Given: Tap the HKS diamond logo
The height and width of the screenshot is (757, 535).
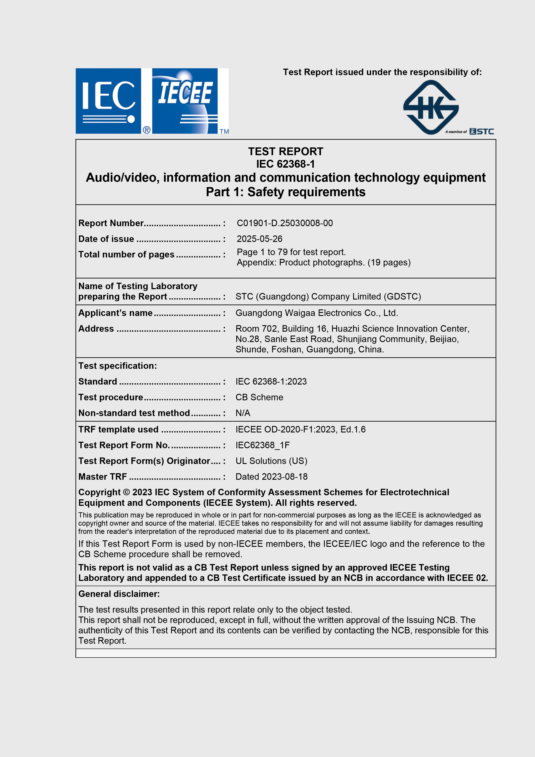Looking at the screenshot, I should click(431, 107).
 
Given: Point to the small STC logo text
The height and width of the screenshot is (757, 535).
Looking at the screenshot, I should click(482, 132).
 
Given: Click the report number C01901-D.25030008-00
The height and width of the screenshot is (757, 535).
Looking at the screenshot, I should click(285, 223).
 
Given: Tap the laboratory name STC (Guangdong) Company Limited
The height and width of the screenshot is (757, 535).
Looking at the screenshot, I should click(328, 296).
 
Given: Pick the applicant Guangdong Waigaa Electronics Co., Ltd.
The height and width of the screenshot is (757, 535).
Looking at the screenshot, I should click(316, 313).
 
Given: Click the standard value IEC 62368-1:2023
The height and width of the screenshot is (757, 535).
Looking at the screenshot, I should click(271, 382).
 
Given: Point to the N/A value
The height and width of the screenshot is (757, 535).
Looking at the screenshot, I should click(243, 413).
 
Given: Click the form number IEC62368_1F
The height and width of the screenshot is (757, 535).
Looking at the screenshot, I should click(262, 445).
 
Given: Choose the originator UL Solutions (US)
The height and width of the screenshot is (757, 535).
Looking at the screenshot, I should click(271, 461).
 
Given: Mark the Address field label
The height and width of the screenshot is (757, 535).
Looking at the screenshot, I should click(96, 329).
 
